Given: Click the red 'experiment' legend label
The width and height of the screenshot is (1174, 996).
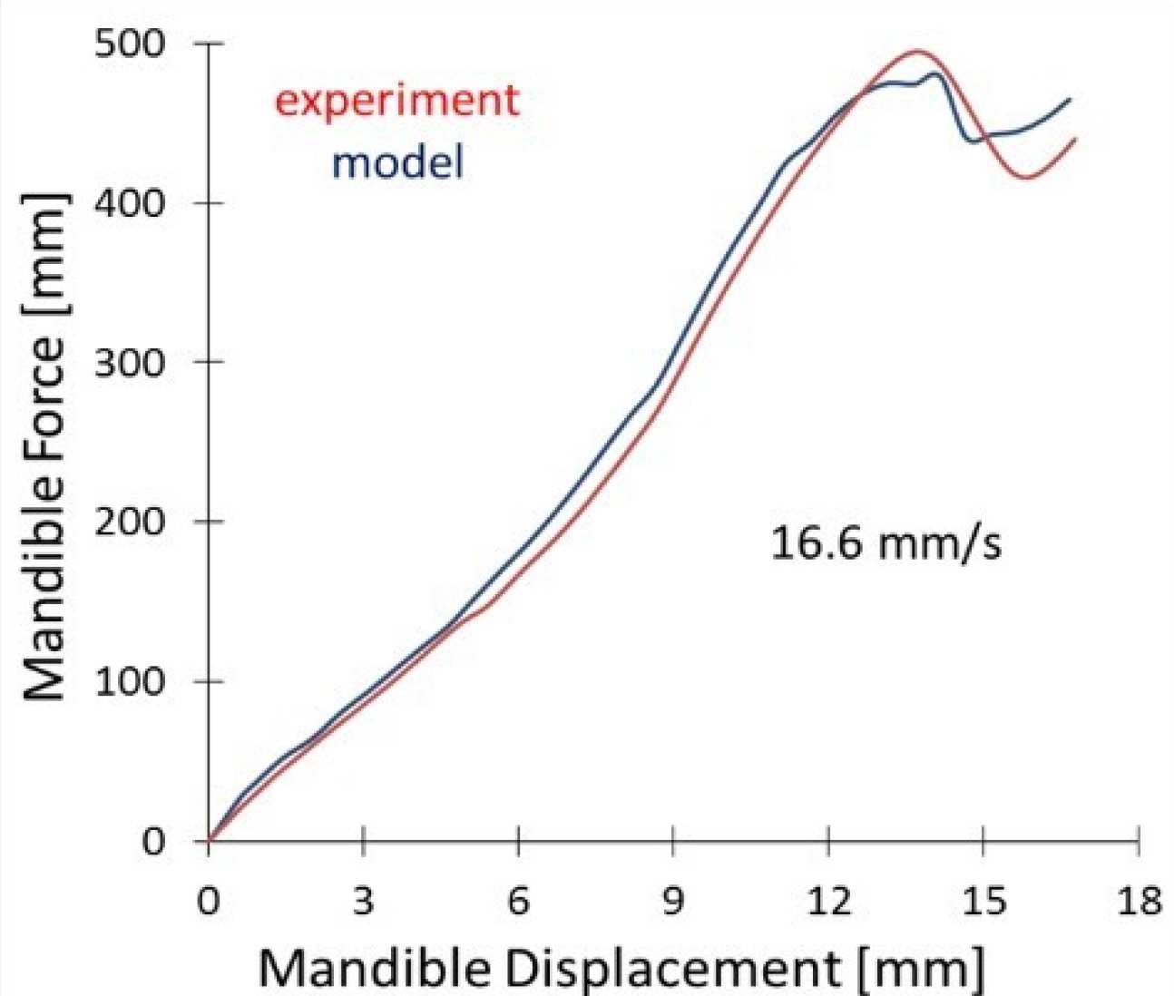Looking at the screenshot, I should pos(397,101).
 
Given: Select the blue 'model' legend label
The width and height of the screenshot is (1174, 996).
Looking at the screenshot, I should pos(397,163).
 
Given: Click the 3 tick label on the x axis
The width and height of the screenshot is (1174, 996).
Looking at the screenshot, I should pos(363,903).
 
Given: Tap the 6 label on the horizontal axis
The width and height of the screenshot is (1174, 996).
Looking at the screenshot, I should pos(518,903).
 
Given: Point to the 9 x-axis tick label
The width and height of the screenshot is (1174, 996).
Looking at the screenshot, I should pos(673,903).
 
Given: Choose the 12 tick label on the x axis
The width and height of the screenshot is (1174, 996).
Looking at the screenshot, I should pos(828,903).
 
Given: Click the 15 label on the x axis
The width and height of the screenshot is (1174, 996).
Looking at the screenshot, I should pos(983,903).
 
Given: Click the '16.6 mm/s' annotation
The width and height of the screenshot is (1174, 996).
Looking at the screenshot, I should pos(886,544).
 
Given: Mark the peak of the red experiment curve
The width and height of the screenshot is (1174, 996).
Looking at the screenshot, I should pos(916,52).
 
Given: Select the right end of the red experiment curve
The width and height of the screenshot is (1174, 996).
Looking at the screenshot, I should pos(1075,139).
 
